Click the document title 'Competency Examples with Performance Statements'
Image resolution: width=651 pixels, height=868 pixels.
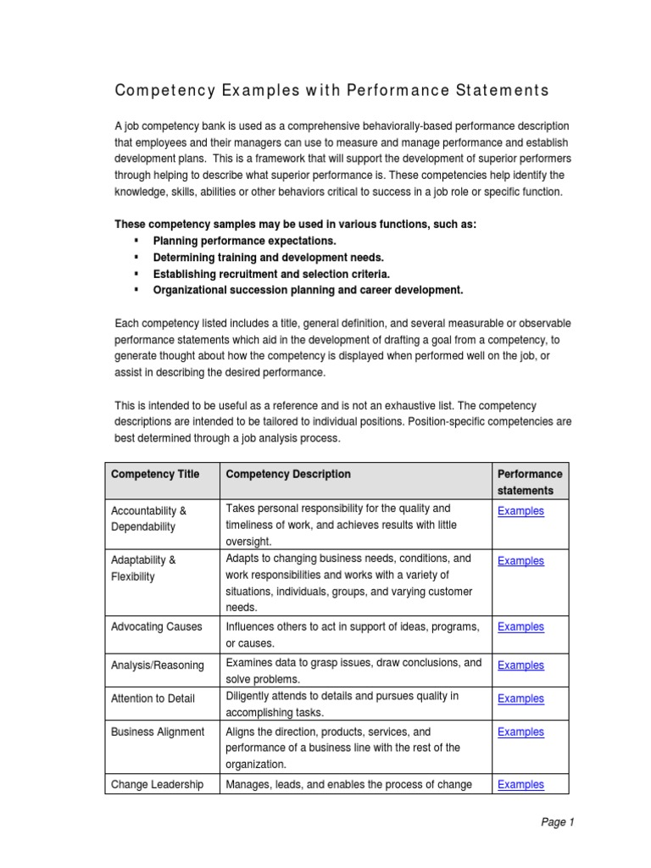[x=331, y=91]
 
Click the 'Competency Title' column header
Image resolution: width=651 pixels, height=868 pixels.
[x=155, y=474]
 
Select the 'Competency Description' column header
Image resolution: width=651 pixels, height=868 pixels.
[x=288, y=474]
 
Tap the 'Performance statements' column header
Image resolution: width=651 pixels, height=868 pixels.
[x=530, y=481]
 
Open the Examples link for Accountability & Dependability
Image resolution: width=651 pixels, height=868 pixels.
[x=520, y=511]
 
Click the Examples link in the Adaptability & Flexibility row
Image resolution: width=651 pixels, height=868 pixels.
[x=520, y=561]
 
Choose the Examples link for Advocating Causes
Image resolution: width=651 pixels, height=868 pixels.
[x=520, y=627]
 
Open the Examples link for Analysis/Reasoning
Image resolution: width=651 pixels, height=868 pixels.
[x=520, y=665]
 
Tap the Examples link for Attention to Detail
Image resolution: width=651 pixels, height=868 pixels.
[x=520, y=698]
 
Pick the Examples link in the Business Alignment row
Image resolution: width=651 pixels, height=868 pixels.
[x=520, y=732]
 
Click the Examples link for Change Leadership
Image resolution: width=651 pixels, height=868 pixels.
[x=520, y=785]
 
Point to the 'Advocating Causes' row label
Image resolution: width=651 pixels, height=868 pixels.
[x=157, y=627]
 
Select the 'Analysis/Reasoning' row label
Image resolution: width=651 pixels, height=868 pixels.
[x=158, y=665]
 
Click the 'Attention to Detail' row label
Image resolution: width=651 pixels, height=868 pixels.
[x=153, y=698]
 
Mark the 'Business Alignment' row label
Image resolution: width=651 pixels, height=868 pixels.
[x=158, y=732]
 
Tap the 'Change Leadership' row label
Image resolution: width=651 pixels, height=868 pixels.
[x=157, y=785]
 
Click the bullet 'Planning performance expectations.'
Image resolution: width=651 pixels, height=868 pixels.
[x=244, y=241]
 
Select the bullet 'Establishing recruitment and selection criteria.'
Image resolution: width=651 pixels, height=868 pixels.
[x=271, y=274]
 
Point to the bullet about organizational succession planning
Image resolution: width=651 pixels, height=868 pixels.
[x=308, y=290]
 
